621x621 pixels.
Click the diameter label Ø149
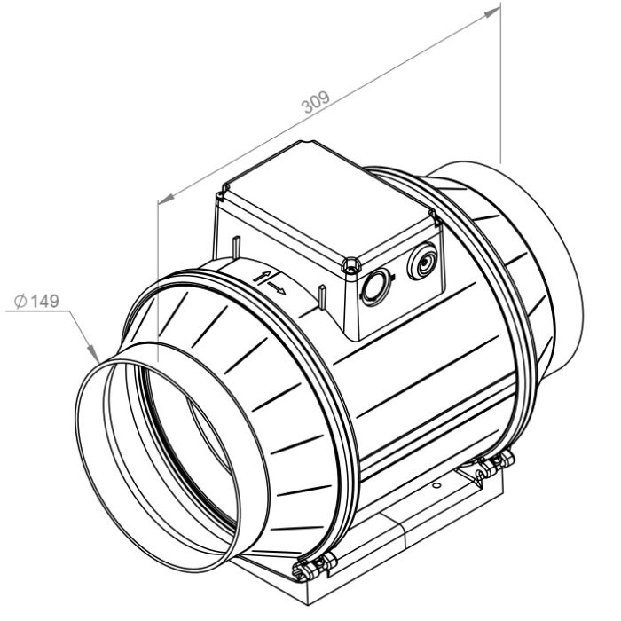pyautogui.click(x=37, y=303)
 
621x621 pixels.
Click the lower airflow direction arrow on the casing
pyautogui.click(x=277, y=290)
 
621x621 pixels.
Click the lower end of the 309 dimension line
pyautogui.click(x=159, y=202)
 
